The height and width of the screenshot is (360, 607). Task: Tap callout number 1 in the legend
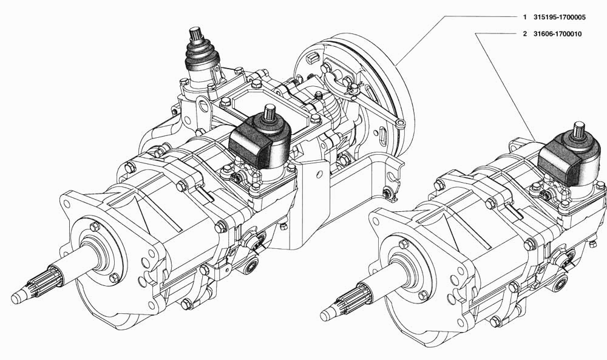[524, 18]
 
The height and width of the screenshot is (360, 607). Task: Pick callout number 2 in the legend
[525, 34]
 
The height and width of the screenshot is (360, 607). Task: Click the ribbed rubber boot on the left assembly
[202, 54]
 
